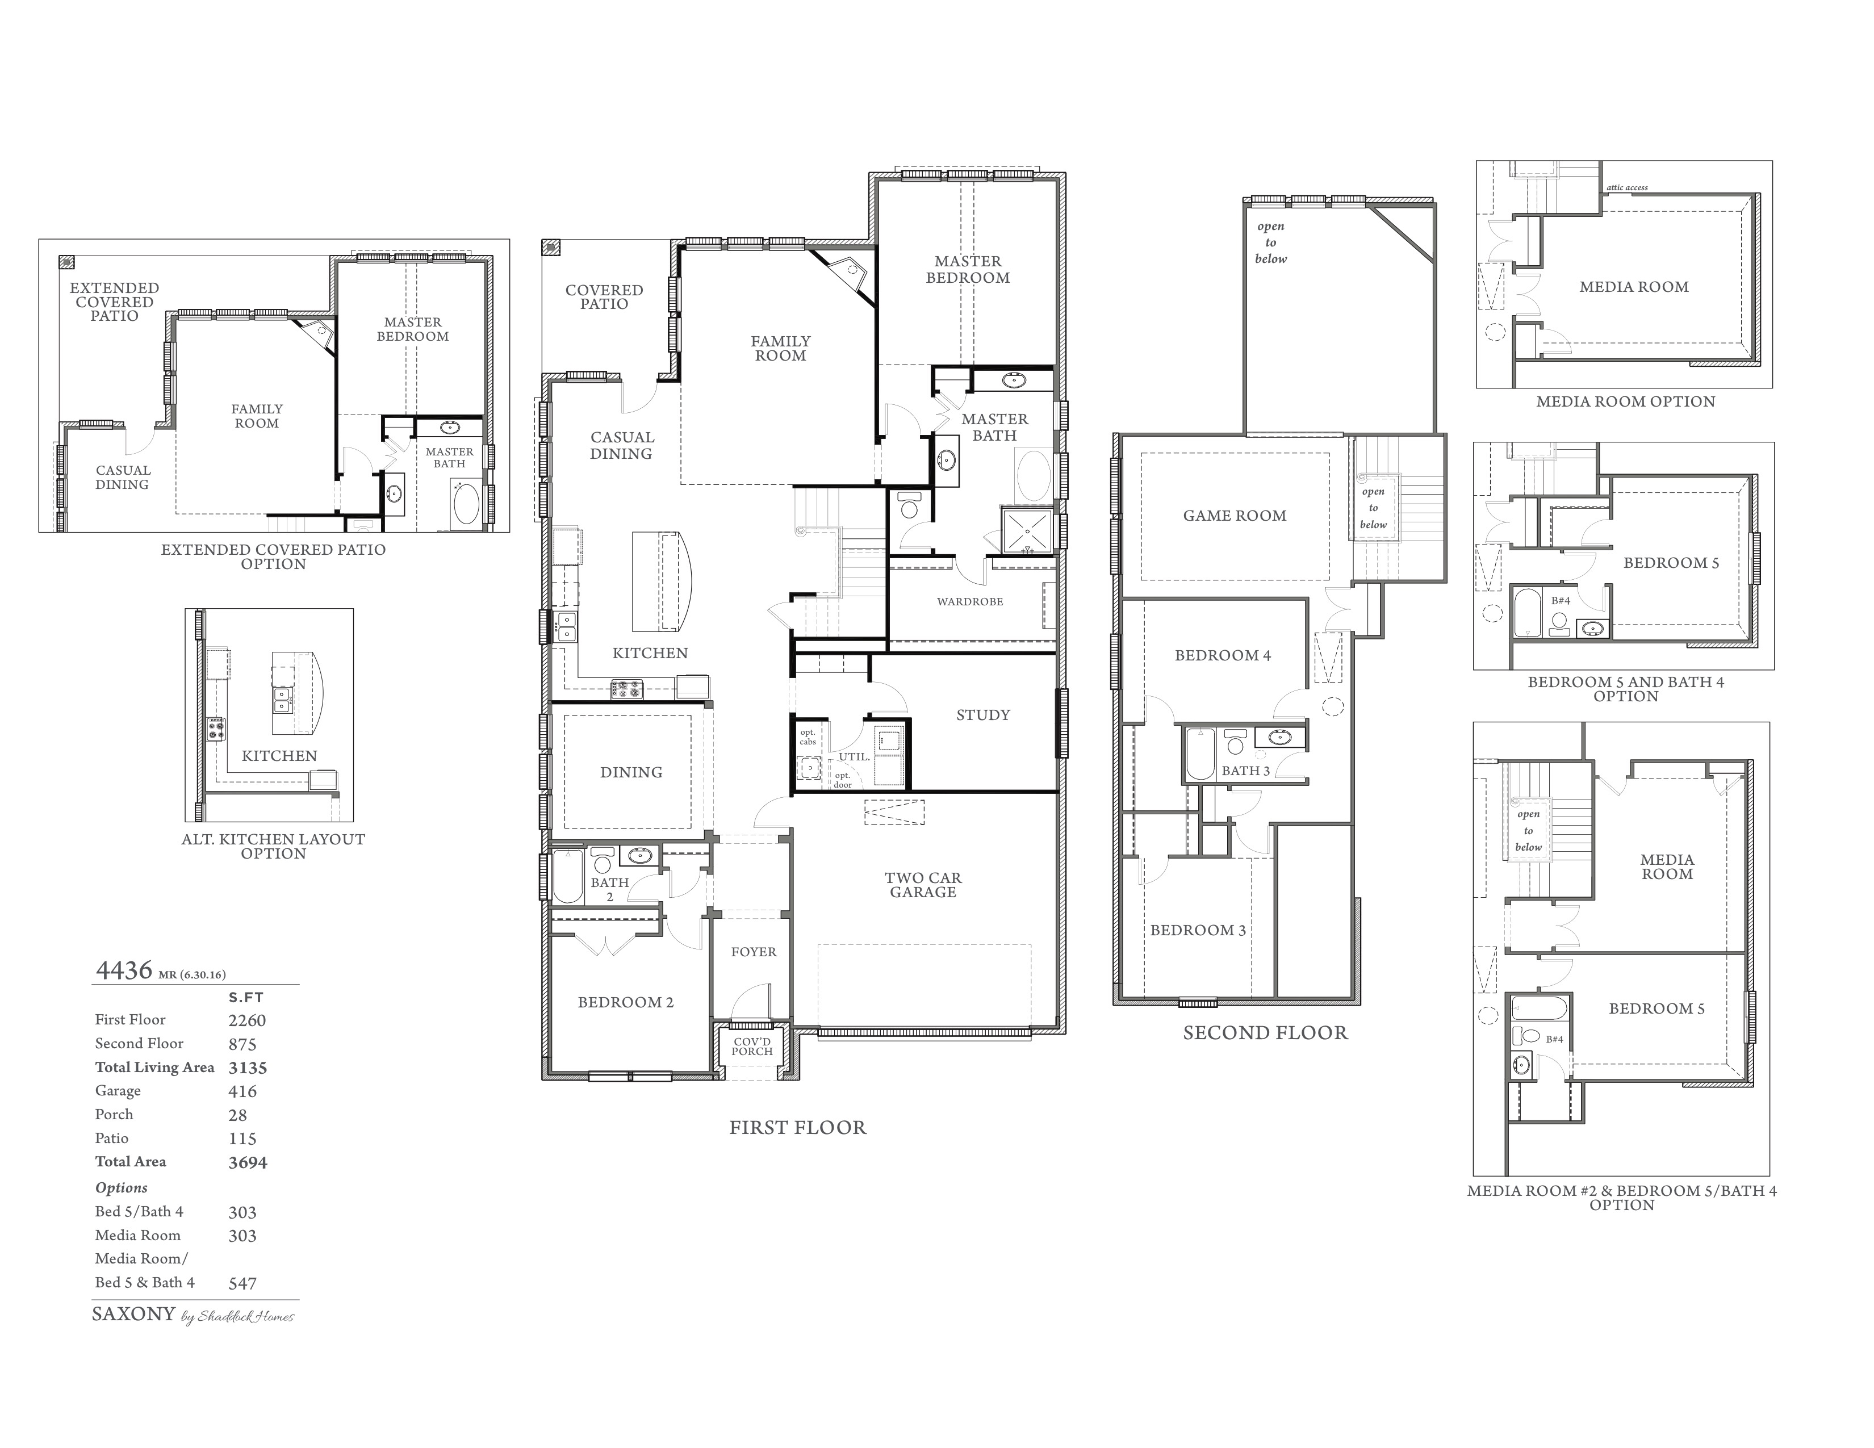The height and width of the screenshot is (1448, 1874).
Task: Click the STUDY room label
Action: click(x=984, y=714)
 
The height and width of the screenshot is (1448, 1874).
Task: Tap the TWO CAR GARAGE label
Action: click(x=923, y=884)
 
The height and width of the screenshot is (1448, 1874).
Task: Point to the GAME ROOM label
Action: click(x=1235, y=516)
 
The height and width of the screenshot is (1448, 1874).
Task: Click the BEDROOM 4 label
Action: click(x=1223, y=655)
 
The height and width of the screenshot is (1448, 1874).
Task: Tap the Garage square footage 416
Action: click(x=243, y=1091)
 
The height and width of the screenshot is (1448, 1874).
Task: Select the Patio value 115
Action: click(x=243, y=1139)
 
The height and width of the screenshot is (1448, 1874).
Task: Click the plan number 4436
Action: click(x=124, y=970)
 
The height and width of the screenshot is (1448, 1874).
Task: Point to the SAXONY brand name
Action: click(x=133, y=1314)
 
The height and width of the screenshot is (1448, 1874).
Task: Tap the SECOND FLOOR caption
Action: click(x=1266, y=1033)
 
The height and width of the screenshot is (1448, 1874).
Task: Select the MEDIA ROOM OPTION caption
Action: click(x=1626, y=401)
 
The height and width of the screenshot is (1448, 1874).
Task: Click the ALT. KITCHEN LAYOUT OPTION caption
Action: click(x=274, y=846)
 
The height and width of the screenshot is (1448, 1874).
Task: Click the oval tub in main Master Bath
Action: click(x=1033, y=475)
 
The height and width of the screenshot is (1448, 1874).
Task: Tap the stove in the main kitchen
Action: click(x=626, y=689)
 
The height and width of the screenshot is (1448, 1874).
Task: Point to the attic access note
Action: click(x=1627, y=188)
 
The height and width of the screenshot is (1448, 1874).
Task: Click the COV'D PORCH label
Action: click(x=752, y=1047)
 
